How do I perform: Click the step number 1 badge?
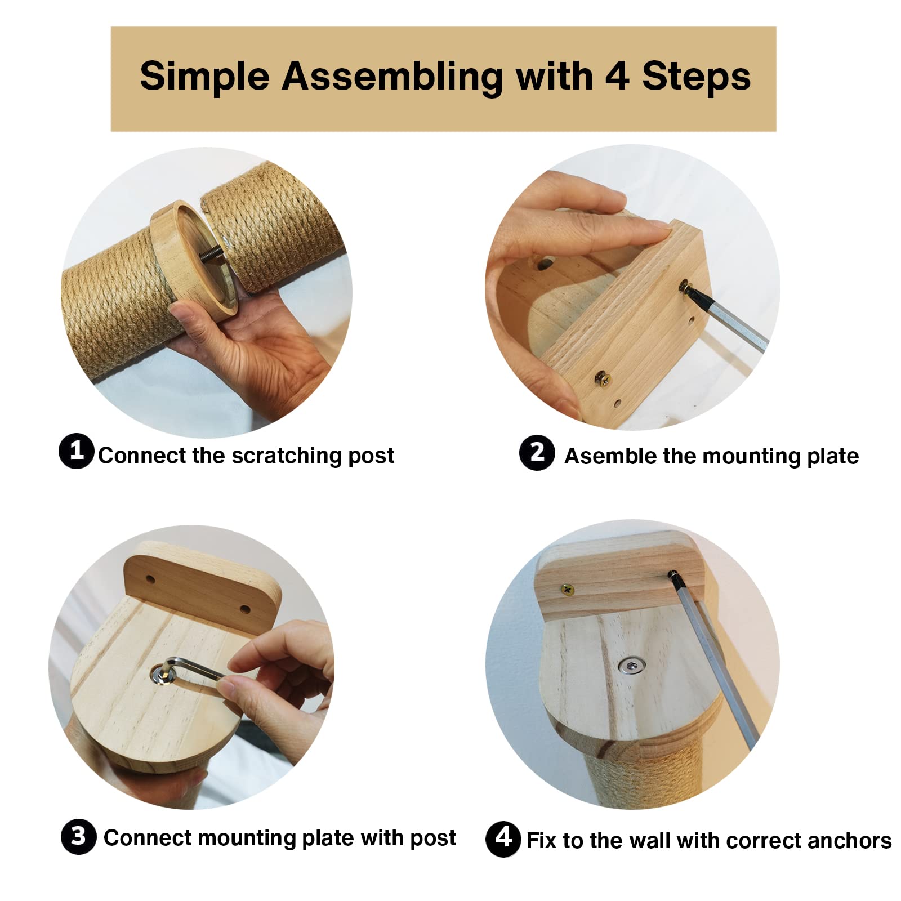tap(76, 450)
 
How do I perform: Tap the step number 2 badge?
tap(537, 453)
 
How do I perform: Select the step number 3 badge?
tap(78, 836)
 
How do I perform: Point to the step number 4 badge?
tap(503, 839)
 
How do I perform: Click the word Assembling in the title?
tap(392, 77)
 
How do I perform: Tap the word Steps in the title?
tap(697, 77)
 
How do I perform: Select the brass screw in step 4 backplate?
tap(568, 590)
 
